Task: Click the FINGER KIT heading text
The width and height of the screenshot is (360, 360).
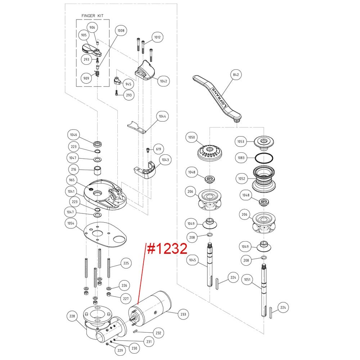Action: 93,16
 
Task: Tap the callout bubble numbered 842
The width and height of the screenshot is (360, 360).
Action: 236,75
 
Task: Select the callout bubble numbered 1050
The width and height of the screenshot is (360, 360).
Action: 192,138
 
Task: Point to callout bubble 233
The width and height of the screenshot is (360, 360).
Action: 184,314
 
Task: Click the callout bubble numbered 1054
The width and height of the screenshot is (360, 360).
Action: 71,223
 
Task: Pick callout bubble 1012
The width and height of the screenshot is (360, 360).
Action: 157,37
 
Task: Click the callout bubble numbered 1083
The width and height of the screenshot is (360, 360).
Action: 241,157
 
